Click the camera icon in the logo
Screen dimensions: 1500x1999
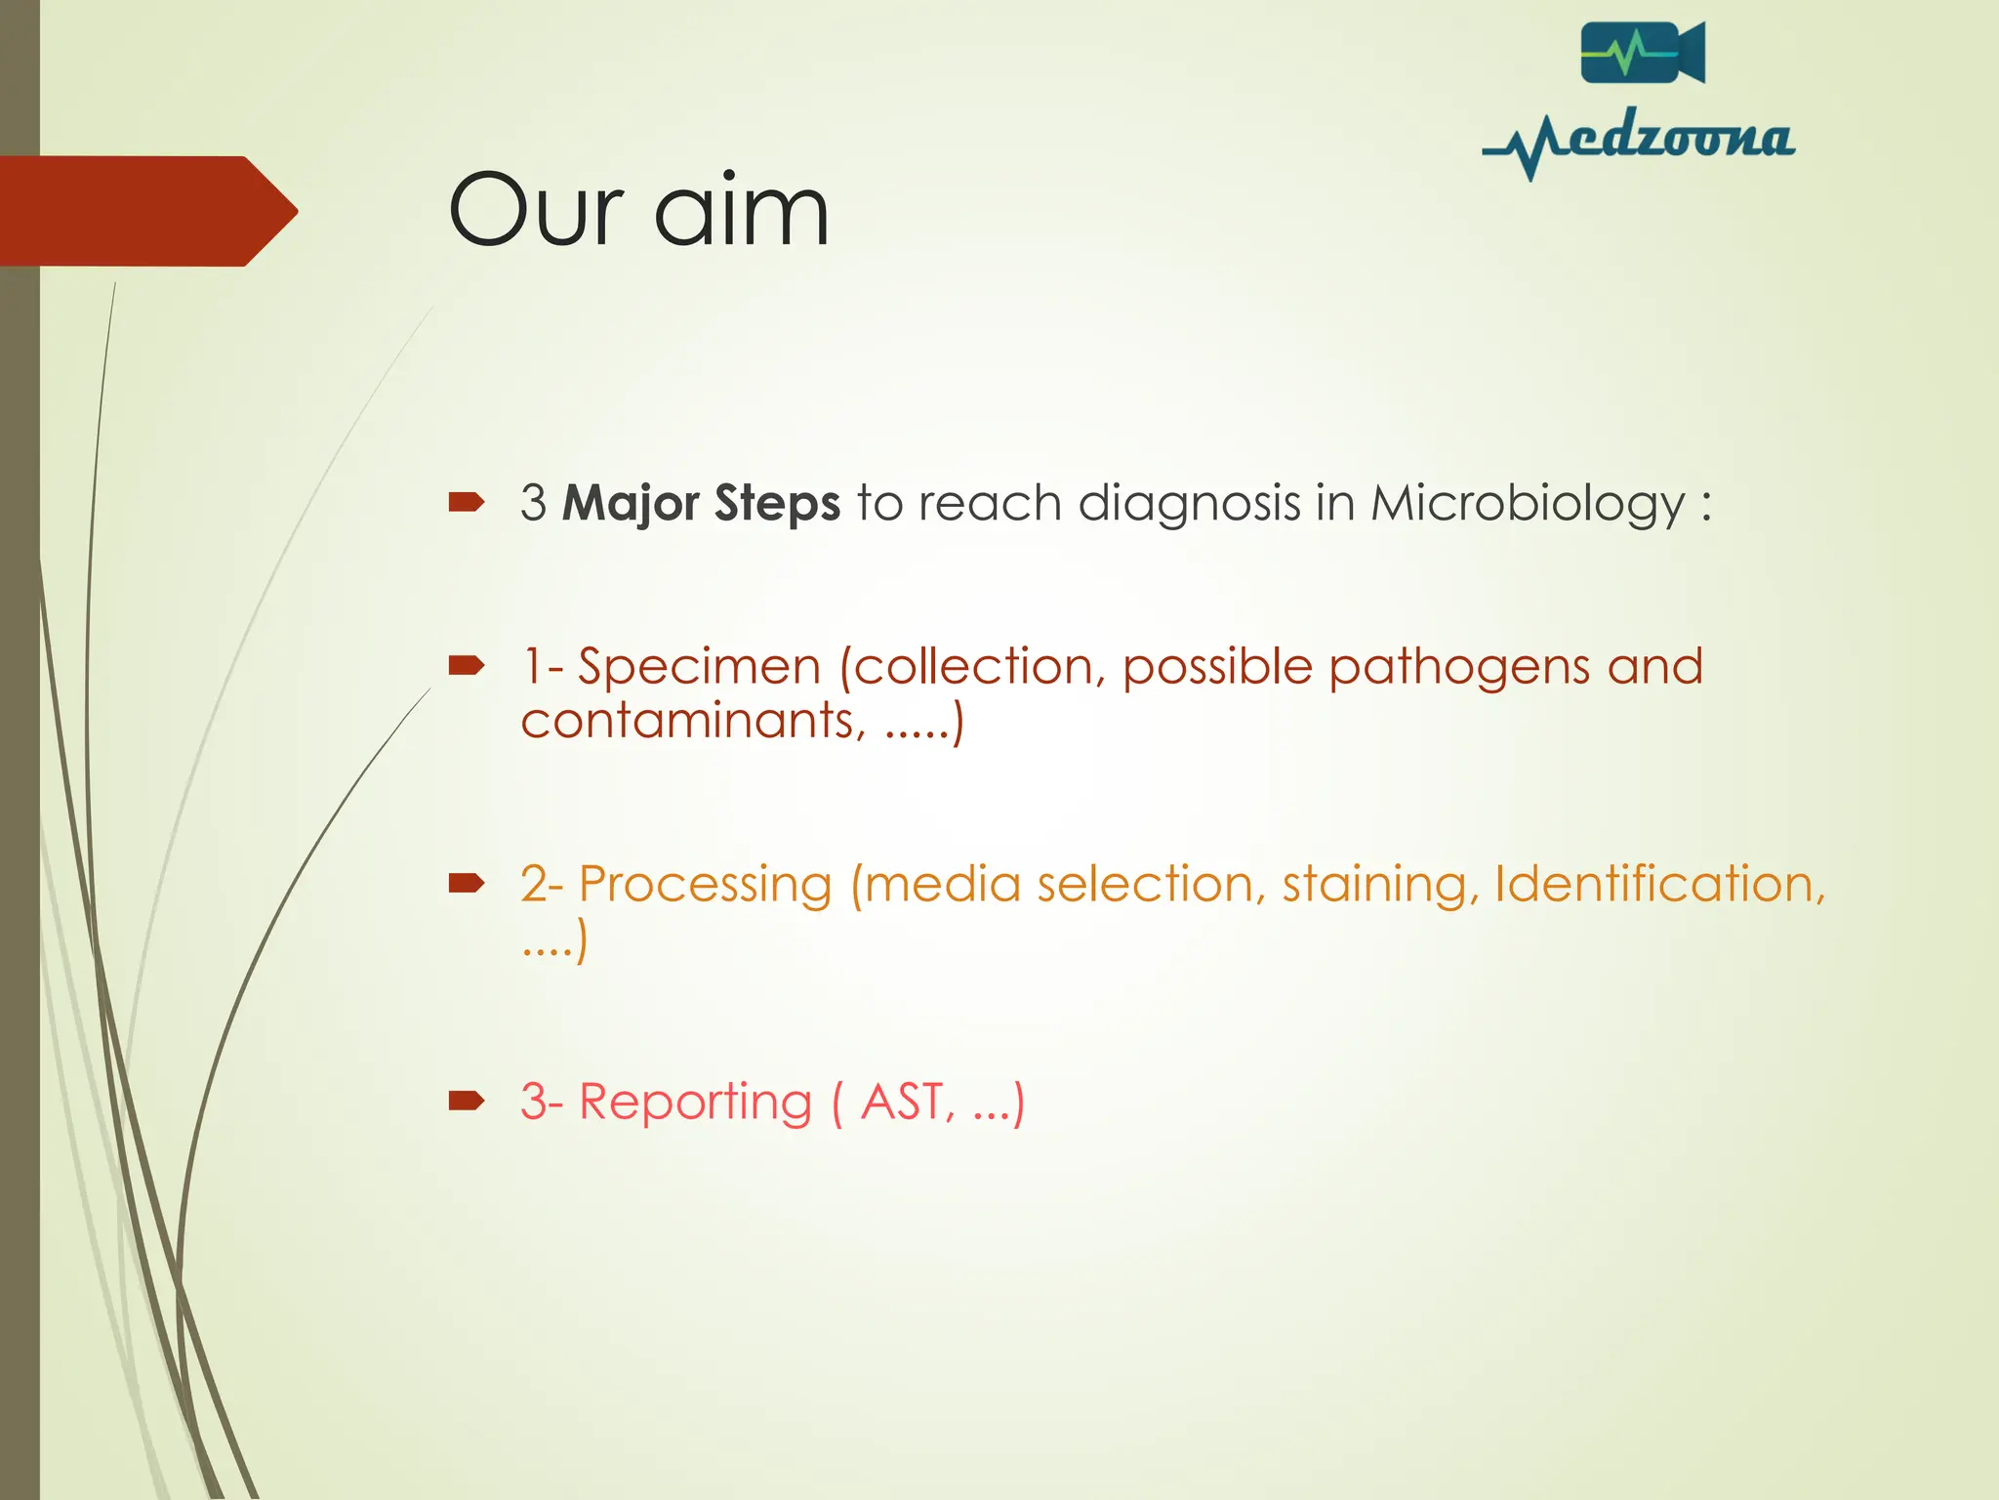(x=1642, y=53)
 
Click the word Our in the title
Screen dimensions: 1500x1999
(x=535, y=210)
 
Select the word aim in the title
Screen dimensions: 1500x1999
(x=742, y=210)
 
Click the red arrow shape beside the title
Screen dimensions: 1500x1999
(x=146, y=211)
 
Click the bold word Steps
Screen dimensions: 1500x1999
(x=777, y=504)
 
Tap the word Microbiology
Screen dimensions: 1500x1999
(x=1528, y=504)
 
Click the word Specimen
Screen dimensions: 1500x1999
(x=699, y=667)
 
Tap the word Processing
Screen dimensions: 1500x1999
(x=705, y=885)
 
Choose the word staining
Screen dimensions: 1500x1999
(x=1374, y=885)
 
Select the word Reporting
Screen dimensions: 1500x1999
(x=695, y=1103)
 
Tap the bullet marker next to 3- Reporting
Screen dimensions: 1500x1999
(x=467, y=1102)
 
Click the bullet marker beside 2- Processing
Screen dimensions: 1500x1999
(x=467, y=884)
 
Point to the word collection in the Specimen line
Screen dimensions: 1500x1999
(x=974, y=667)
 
